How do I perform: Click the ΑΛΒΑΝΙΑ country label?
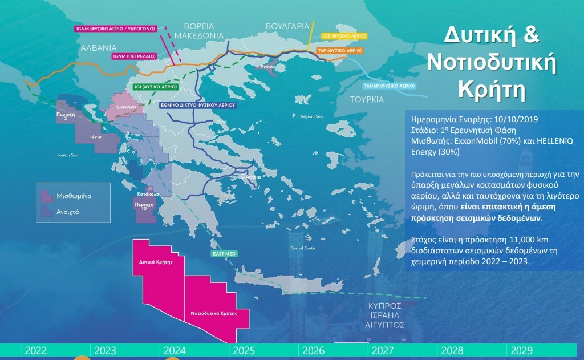99,47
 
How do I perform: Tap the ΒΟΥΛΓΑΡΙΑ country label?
287,26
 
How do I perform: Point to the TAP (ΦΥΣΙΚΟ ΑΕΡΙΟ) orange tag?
340,51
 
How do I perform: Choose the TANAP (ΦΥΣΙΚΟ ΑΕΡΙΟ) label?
389,86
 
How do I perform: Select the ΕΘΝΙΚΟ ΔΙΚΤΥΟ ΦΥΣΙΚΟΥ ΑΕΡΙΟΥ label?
197,106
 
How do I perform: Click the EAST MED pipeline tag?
224,253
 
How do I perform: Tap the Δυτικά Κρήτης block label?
156,263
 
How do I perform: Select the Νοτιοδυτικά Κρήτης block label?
210,313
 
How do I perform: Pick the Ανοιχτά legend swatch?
44,212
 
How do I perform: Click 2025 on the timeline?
244,350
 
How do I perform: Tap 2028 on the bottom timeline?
452,350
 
